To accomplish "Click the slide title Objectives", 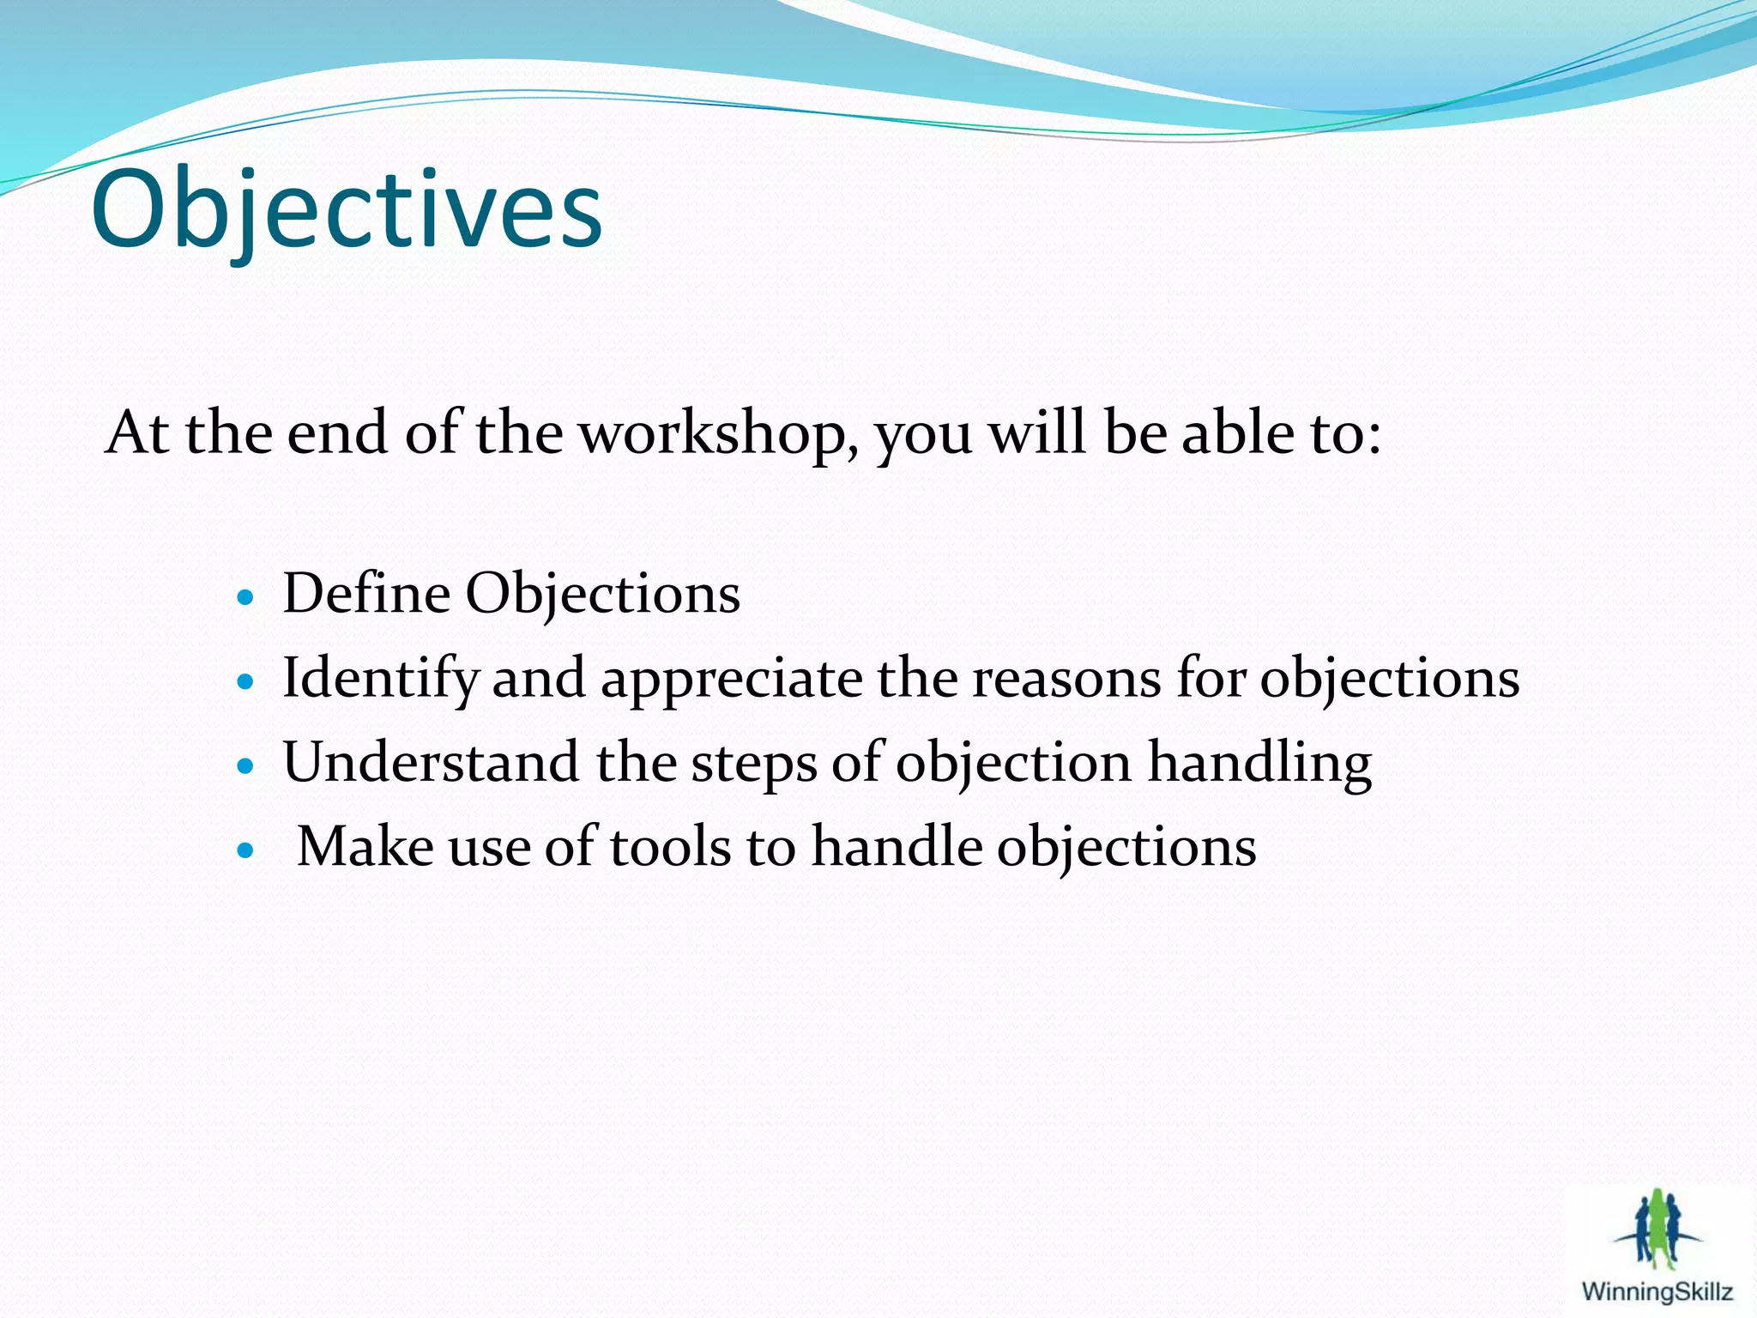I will click(x=347, y=209).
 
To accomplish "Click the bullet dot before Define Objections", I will click(x=246, y=598).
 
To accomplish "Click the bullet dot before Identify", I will click(x=246, y=682).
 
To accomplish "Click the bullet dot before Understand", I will click(x=246, y=766).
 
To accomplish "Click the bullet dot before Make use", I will click(x=246, y=850).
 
